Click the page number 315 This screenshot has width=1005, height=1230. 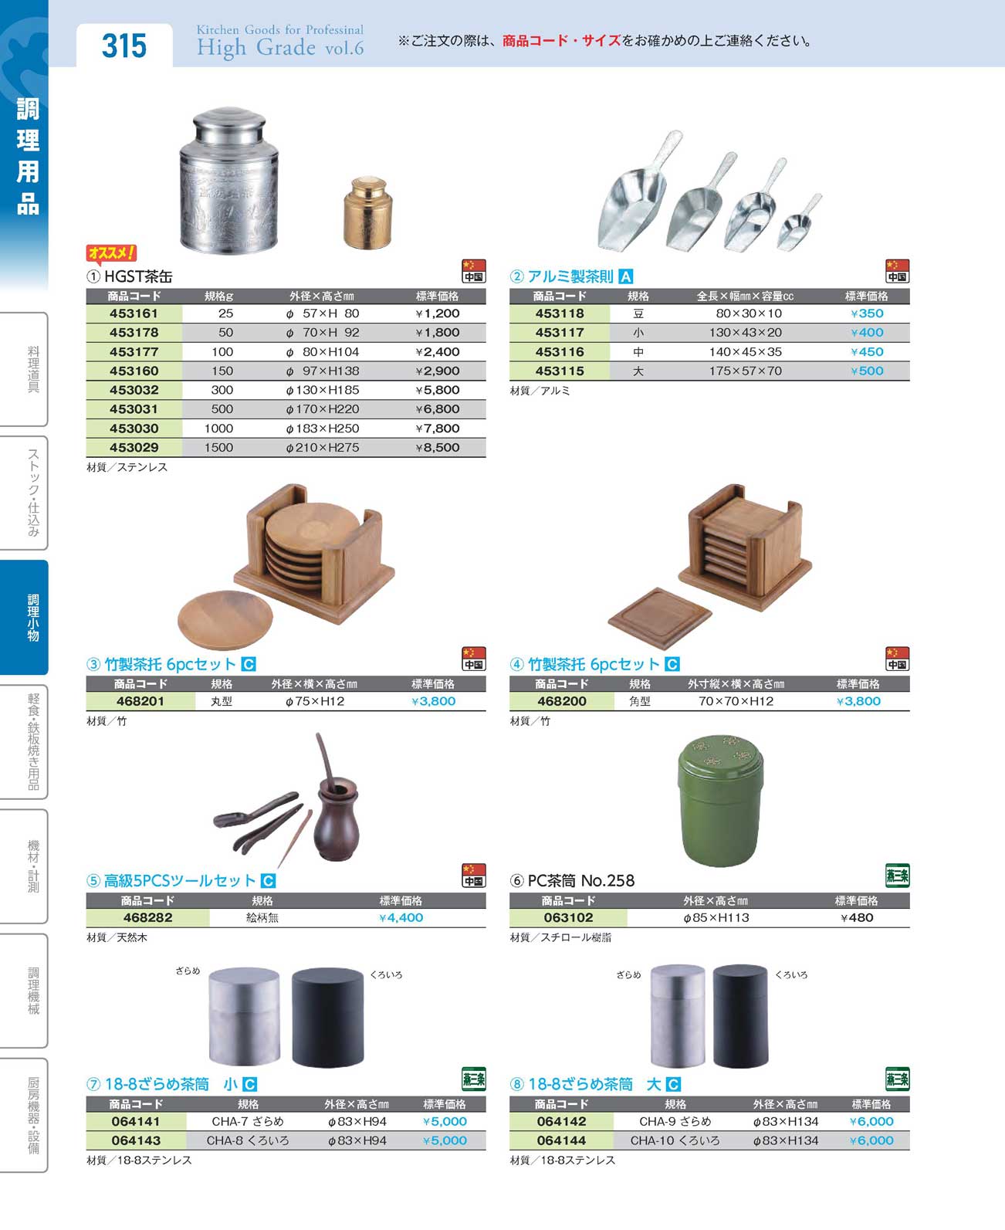tap(124, 46)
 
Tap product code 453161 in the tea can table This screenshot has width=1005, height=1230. tap(134, 313)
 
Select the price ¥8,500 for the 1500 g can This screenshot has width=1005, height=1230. tap(438, 448)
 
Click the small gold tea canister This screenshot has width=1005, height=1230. tap(367, 212)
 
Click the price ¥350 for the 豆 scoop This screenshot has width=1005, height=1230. tap(867, 313)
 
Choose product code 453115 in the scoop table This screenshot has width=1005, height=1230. tap(560, 371)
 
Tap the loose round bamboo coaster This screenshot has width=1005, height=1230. tap(225, 620)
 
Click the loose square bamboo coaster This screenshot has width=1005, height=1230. tap(659, 618)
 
